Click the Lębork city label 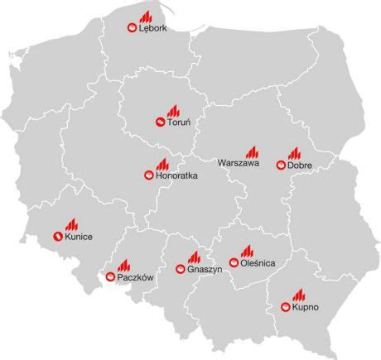click(x=153, y=29)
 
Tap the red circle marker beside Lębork click(x=130, y=28)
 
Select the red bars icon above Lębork click(x=146, y=16)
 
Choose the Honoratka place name click(x=176, y=176)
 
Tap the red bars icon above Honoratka click(x=162, y=164)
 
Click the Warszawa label click(x=239, y=164)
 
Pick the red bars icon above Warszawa click(x=250, y=151)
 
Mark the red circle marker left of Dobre click(x=282, y=165)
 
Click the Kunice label click(x=78, y=238)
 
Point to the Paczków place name click(x=136, y=278)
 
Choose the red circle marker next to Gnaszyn click(x=181, y=268)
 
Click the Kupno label click(x=306, y=307)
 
